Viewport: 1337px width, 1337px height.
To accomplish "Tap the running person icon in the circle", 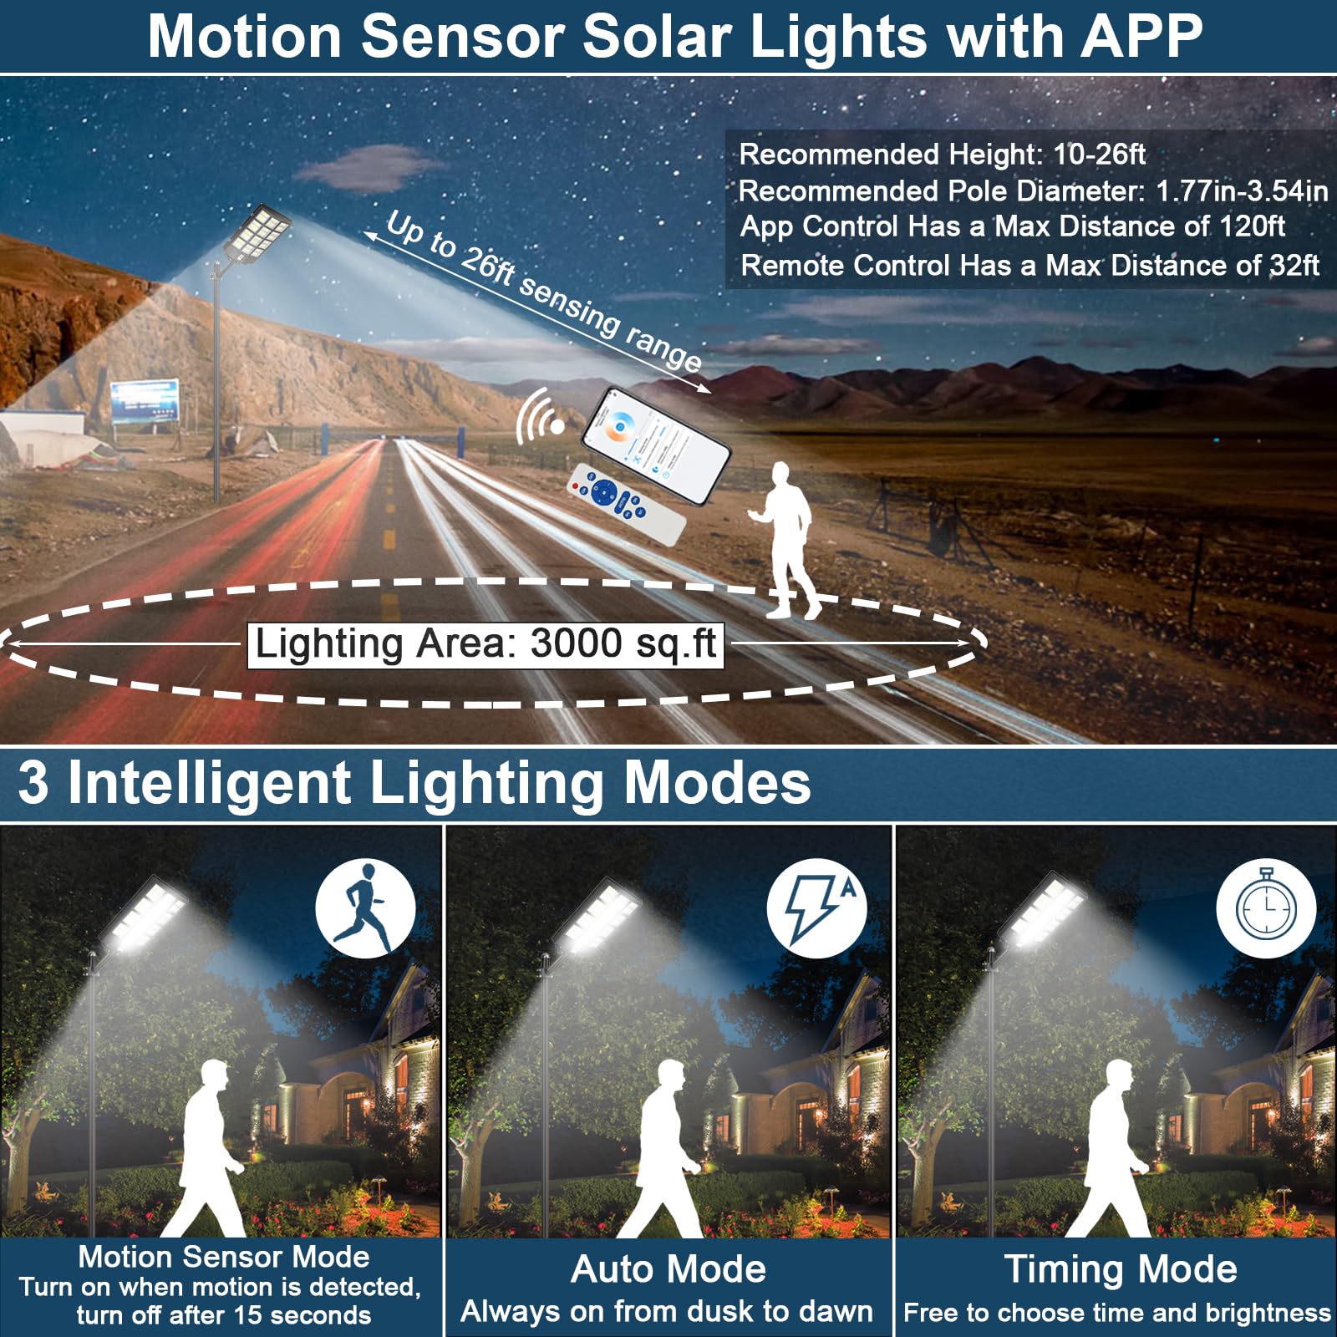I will [365, 907].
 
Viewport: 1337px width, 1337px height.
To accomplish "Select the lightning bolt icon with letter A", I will [816, 907].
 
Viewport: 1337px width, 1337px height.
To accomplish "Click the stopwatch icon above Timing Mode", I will [1266, 907].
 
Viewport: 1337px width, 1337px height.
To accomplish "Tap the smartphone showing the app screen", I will [656, 445].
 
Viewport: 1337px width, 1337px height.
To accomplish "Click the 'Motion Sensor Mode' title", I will [223, 1257].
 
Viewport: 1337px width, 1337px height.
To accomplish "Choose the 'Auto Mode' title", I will [668, 1269].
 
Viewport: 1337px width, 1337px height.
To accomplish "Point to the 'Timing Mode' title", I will [1120, 1269].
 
